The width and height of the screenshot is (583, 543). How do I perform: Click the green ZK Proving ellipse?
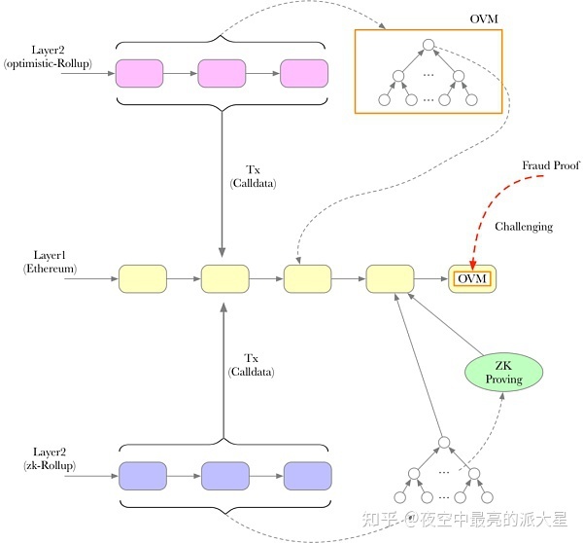coord(503,372)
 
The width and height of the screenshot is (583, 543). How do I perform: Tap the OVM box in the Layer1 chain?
coord(472,278)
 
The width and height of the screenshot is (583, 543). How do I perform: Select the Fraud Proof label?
coord(551,165)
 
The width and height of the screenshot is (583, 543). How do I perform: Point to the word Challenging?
coord(524,227)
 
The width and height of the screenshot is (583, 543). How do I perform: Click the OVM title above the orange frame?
coord(484,18)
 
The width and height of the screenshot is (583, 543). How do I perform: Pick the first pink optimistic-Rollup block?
coord(139,73)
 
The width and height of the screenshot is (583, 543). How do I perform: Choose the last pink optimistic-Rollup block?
coord(304,73)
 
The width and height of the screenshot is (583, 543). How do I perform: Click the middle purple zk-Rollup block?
coord(225,476)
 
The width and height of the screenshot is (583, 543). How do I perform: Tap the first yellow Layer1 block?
coord(143,278)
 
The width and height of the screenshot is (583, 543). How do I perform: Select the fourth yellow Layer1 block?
coord(390,278)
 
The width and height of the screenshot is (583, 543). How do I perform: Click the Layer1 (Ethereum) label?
coord(50,262)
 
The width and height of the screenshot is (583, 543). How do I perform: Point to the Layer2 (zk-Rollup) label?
coord(50,459)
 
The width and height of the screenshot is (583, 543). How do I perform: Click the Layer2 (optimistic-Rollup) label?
coord(48,57)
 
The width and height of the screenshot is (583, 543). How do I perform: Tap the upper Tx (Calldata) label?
coord(254,176)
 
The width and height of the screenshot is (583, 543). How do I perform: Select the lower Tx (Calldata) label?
coord(252,365)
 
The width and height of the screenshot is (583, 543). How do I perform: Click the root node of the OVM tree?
coord(429,45)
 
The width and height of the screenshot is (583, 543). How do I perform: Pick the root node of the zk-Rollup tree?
coord(444,443)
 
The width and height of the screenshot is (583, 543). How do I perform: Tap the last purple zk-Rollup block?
coord(307,476)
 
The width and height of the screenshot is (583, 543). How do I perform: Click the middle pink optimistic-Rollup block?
coord(222,73)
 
